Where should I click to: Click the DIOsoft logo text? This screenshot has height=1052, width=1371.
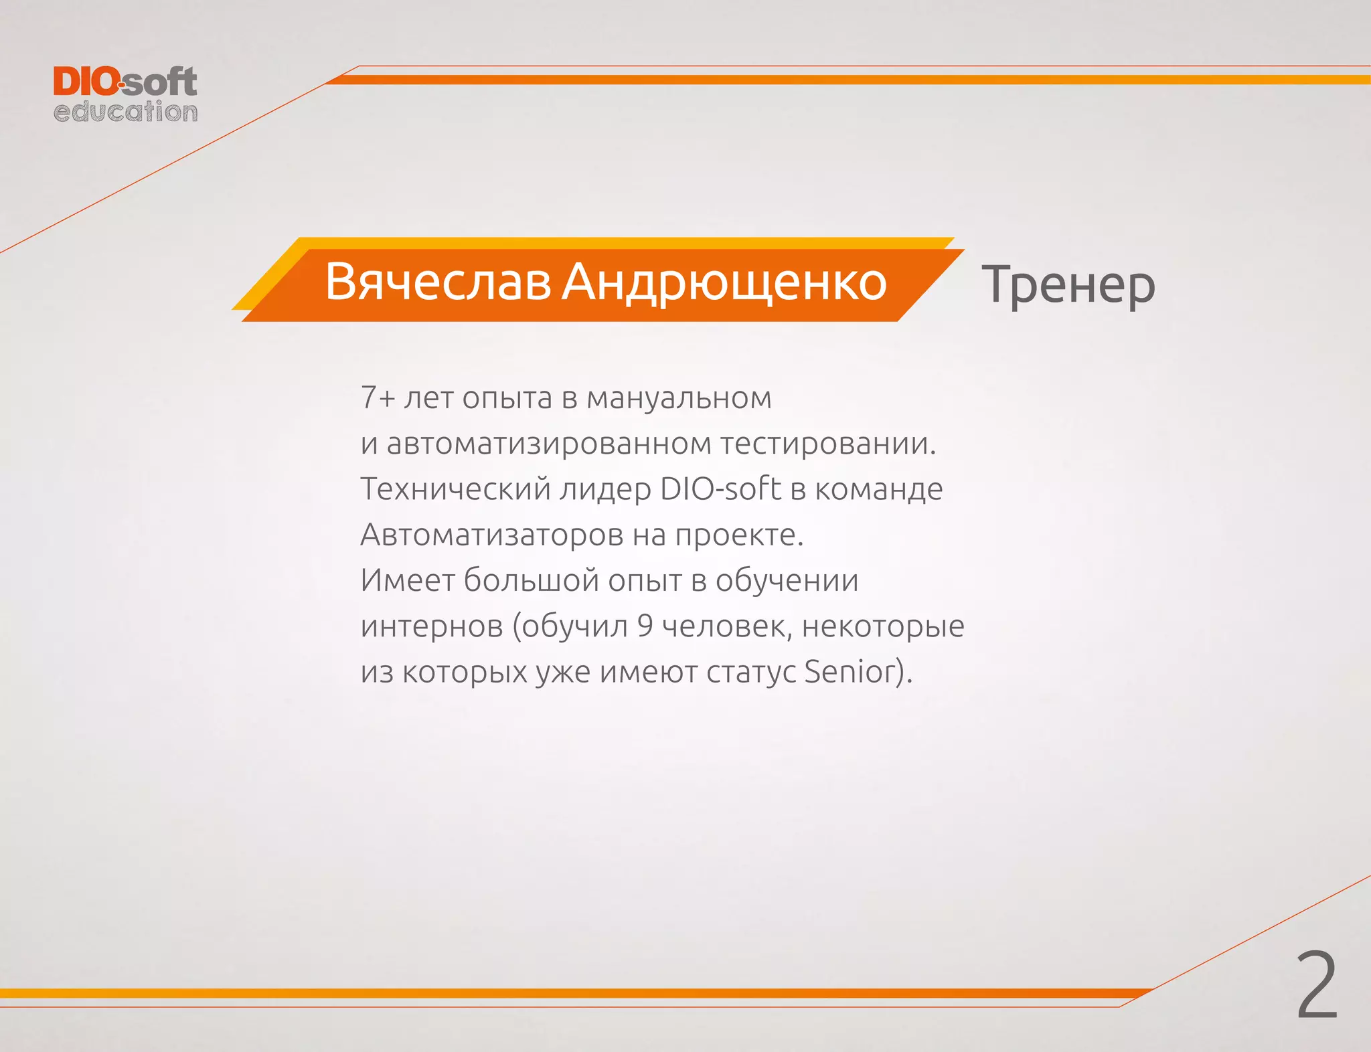125,82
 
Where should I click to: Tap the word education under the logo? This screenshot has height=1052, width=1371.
125,112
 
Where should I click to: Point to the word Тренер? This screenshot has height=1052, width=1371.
1068,285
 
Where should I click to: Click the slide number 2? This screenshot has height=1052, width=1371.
1316,986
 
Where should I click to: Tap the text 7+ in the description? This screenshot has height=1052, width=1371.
378,398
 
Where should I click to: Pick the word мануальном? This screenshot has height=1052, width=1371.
679,398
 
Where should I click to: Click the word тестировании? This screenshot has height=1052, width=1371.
827,444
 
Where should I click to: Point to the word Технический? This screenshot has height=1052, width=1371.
456,489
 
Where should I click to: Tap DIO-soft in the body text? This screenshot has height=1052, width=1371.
720,489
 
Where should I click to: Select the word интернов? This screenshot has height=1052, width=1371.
432,626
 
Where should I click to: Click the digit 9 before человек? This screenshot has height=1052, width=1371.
645,626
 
